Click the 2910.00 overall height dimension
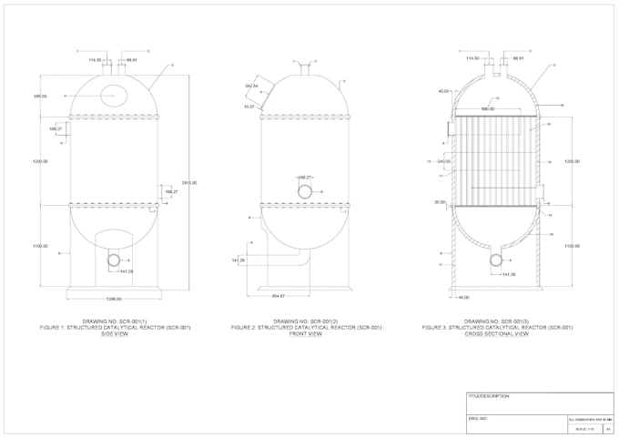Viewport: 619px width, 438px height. tap(189, 183)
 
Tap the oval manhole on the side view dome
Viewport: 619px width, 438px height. tap(115, 93)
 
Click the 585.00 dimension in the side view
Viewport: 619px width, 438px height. tap(40, 96)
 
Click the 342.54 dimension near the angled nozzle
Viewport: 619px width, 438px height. tap(252, 86)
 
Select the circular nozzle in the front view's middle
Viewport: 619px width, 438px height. tap(306, 190)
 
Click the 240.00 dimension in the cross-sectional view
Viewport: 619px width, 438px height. tap(444, 161)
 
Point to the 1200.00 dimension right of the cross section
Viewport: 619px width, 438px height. tap(572, 161)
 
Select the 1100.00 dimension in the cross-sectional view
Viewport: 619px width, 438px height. tap(572, 247)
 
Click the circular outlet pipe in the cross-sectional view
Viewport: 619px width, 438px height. tap(496, 260)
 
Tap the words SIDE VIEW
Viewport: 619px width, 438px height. tap(115, 333)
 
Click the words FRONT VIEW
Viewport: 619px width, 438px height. tap(306, 333)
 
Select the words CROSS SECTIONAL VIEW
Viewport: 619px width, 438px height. tap(497, 333)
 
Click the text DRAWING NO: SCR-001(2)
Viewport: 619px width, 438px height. tap(306, 321)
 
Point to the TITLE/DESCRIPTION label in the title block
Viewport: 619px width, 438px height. tap(488, 397)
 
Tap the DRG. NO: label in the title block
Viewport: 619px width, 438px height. tap(480, 419)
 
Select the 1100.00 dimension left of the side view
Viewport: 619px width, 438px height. tap(40, 246)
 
